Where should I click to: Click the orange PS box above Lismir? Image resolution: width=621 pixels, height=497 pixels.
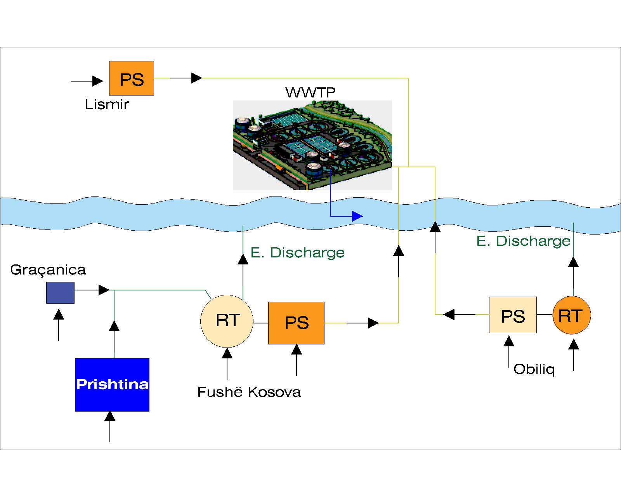pyautogui.click(x=132, y=78)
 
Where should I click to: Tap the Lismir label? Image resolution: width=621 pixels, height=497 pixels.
pyautogui.click(x=107, y=104)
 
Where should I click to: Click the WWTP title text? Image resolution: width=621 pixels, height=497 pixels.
pyautogui.click(x=310, y=92)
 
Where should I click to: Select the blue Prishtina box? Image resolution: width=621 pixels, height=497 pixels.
pyautogui.click(x=112, y=384)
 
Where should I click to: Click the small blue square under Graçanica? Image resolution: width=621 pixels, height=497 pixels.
pyautogui.click(x=60, y=293)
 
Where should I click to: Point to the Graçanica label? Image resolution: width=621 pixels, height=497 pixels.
pyautogui.click(x=48, y=269)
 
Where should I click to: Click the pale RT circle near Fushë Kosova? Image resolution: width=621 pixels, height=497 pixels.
pyautogui.click(x=227, y=321)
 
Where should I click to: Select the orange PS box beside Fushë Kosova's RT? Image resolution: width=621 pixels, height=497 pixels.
pyautogui.click(x=296, y=323)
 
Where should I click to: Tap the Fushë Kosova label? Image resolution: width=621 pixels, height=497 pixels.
pyautogui.click(x=249, y=392)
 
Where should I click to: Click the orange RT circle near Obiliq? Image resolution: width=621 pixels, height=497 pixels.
pyautogui.click(x=571, y=315)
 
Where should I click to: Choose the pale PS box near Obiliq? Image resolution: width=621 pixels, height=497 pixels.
pyautogui.click(x=513, y=315)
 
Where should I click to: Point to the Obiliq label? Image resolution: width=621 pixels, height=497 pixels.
pyautogui.click(x=534, y=369)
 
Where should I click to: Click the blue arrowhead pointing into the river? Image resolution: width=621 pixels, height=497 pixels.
pyautogui.click(x=357, y=216)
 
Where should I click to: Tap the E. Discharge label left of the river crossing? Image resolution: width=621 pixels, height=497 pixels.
pyautogui.click(x=298, y=253)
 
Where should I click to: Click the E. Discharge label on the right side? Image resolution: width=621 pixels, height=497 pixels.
pyautogui.click(x=523, y=241)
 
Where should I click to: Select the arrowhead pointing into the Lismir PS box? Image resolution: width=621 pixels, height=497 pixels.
pyautogui.click(x=98, y=81)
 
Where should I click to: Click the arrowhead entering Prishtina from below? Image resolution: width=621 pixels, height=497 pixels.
pyautogui.click(x=110, y=416)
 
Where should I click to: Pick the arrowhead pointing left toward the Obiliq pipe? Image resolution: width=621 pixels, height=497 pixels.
pyautogui.click(x=449, y=315)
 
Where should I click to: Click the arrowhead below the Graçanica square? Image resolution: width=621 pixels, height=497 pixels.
pyautogui.click(x=59, y=314)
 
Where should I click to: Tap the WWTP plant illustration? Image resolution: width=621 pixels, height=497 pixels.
pyautogui.click(x=312, y=146)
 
